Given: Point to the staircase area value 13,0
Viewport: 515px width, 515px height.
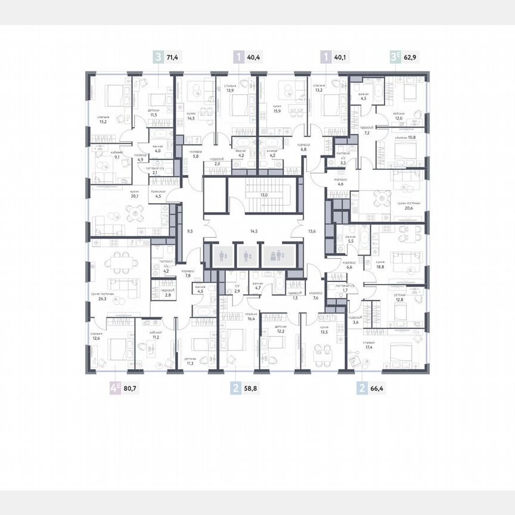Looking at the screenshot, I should pyautogui.click(x=263, y=194).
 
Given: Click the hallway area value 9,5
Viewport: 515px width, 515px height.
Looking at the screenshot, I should pyautogui.click(x=190, y=230).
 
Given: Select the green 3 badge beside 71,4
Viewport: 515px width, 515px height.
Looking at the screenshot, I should pyautogui.click(x=158, y=57).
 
